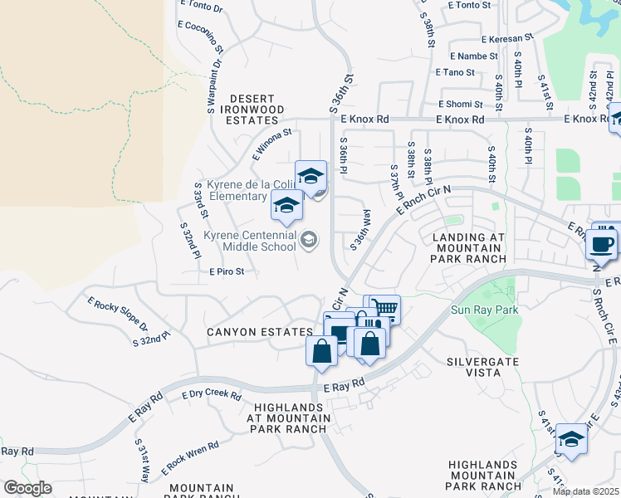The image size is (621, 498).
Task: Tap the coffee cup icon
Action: coord(603,244)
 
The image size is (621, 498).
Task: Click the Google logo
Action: coord(27,488)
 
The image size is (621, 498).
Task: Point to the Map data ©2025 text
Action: coord(586,491)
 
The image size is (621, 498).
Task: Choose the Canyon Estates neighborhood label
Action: coord(260,332)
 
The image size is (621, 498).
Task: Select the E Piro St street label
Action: coord(227,271)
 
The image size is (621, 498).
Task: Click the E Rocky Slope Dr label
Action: coord(117,315)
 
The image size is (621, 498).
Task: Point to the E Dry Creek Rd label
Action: coord(211,396)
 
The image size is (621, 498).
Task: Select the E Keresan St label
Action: coord(506,39)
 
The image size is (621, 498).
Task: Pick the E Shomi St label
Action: coord(460,105)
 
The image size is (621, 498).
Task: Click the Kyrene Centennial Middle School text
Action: coord(250,241)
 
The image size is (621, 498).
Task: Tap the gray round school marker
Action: coord(309,240)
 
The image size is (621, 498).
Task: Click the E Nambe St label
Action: coord(473,56)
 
